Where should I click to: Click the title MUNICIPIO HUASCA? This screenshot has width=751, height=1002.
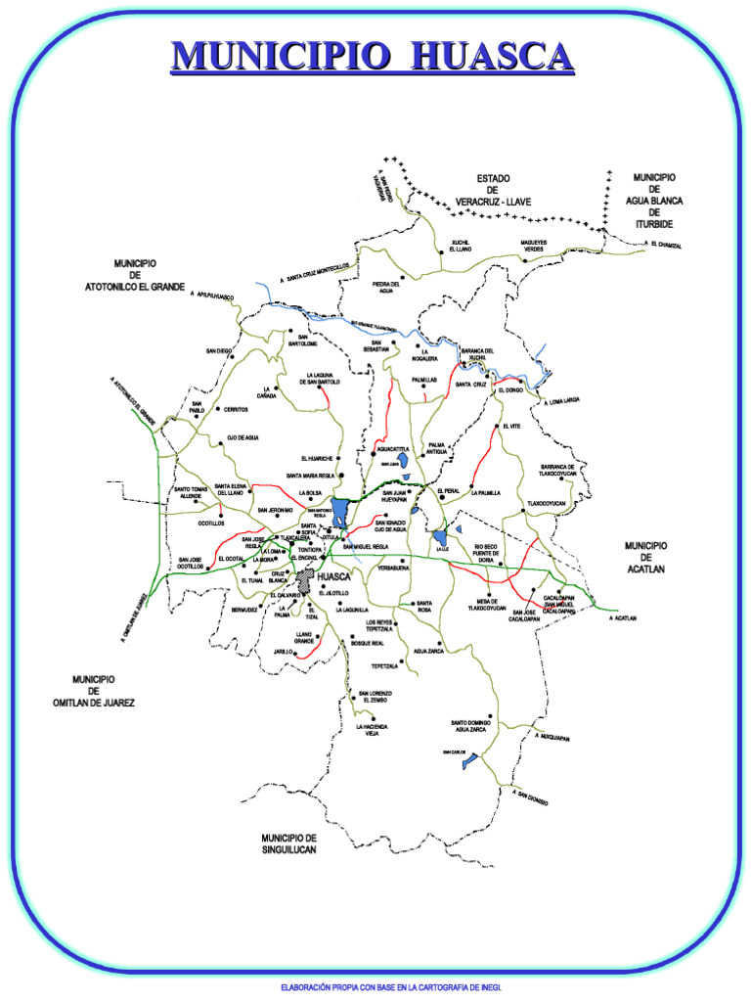point(372,56)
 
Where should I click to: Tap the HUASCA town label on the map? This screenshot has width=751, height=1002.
point(334,577)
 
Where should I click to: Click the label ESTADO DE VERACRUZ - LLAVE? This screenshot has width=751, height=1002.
point(493,190)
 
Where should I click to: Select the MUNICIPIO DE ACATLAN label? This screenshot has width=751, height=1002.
point(645,557)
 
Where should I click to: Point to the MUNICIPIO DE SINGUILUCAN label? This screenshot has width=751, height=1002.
point(288,843)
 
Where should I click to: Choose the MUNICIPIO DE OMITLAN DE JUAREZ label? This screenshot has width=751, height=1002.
point(94,691)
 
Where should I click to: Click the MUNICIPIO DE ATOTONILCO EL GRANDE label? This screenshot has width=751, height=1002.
point(135,275)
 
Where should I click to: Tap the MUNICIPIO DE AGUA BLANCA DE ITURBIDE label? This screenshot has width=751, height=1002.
point(654,201)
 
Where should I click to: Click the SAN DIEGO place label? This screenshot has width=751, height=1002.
point(219,350)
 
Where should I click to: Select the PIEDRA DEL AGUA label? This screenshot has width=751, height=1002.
point(387,288)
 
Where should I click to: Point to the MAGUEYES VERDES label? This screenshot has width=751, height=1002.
point(533,246)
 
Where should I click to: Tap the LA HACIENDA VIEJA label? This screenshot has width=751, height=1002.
point(372,730)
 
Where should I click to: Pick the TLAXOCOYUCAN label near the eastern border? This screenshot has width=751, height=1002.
point(547,503)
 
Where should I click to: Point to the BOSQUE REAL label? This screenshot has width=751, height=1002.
point(367,644)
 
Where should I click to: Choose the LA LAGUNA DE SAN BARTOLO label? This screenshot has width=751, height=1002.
point(323,378)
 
